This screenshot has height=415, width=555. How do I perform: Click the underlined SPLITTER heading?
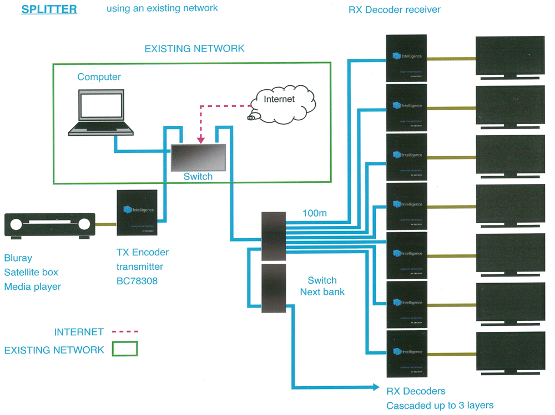[x=49, y=10]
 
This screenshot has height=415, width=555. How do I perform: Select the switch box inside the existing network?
[x=198, y=158]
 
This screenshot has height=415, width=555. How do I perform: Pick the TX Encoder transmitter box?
[x=139, y=213]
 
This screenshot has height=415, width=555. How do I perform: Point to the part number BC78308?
[x=137, y=281]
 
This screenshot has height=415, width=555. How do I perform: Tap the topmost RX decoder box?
[x=406, y=58]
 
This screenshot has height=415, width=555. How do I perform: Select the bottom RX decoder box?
[x=406, y=353]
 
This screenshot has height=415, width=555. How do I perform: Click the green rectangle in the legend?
[x=124, y=349]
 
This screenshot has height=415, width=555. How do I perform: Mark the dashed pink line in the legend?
[x=125, y=332]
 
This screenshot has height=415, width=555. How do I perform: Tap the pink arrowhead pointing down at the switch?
[x=201, y=139]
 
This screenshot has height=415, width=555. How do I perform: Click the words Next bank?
[x=322, y=292]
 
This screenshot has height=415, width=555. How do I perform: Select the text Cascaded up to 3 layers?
[x=440, y=405]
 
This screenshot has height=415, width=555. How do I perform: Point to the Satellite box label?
[x=31, y=272]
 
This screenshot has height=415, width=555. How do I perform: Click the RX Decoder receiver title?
[x=394, y=10]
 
